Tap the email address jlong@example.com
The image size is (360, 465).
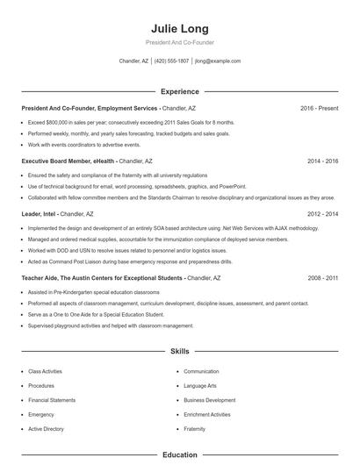(218, 61)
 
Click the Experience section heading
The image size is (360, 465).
(179, 91)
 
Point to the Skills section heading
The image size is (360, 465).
(179, 352)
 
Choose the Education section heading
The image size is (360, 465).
(179, 455)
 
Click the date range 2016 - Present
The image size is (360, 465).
(319, 108)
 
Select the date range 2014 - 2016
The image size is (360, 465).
(322, 161)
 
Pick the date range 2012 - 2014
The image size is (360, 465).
(322, 213)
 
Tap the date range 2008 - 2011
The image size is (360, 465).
(322, 277)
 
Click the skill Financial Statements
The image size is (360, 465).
(52, 400)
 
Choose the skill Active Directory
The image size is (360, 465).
(46, 429)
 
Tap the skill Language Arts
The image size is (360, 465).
(201, 386)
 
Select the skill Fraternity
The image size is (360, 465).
(194, 429)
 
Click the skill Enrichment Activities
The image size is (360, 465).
(207, 414)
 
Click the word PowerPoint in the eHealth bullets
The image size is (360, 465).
(233, 186)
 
